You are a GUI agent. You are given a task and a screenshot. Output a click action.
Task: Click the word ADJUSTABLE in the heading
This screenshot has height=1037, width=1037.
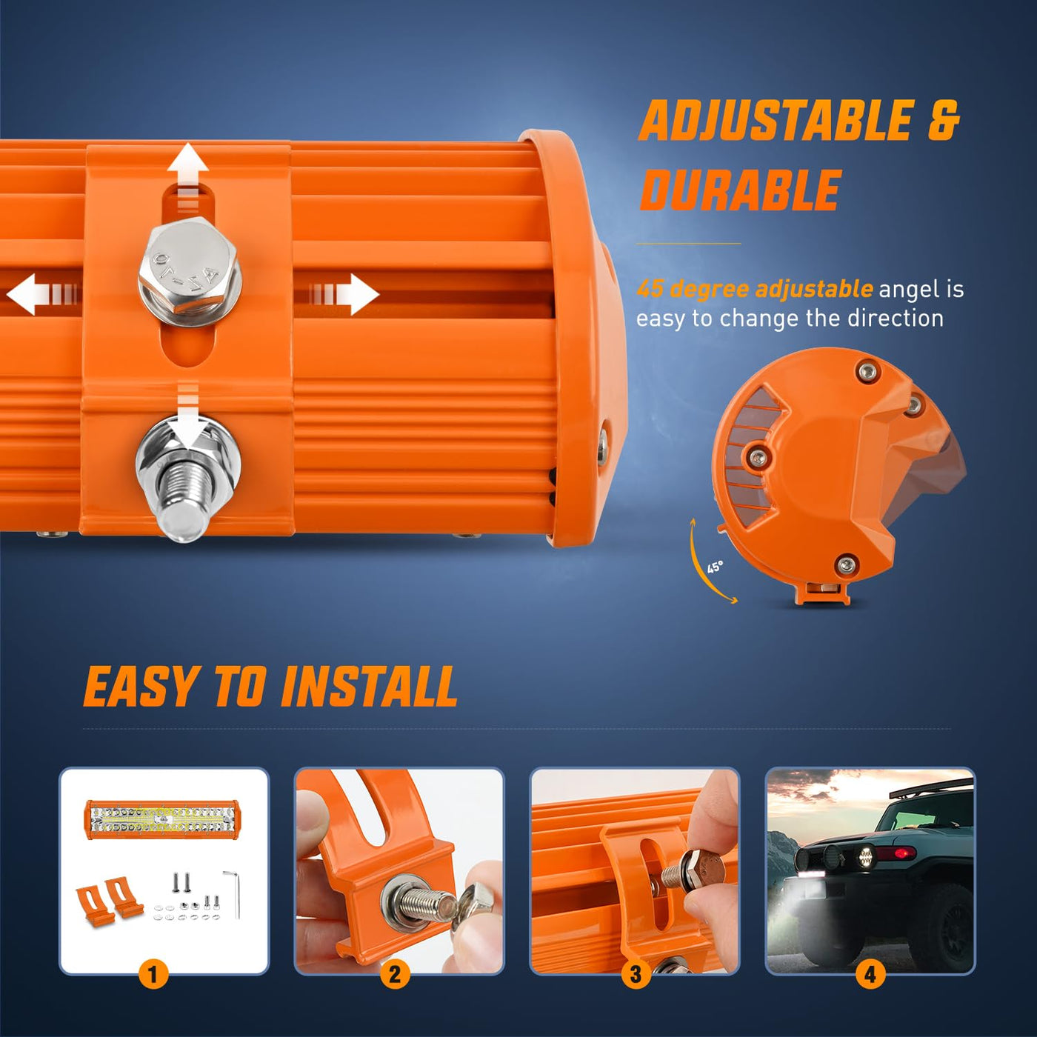pyautogui.click(x=776, y=120)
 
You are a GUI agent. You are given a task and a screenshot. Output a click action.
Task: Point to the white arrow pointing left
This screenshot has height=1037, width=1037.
pyautogui.click(x=43, y=294)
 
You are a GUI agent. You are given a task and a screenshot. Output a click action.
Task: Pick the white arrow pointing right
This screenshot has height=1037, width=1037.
pyautogui.click(x=345, y=294)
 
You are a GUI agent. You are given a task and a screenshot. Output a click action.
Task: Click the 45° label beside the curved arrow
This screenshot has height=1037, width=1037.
pyautogui.click(x=715, y=567)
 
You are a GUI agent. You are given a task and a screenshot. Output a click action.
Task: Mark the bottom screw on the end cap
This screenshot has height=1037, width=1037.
pyautogui.click(x=846, y=564)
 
